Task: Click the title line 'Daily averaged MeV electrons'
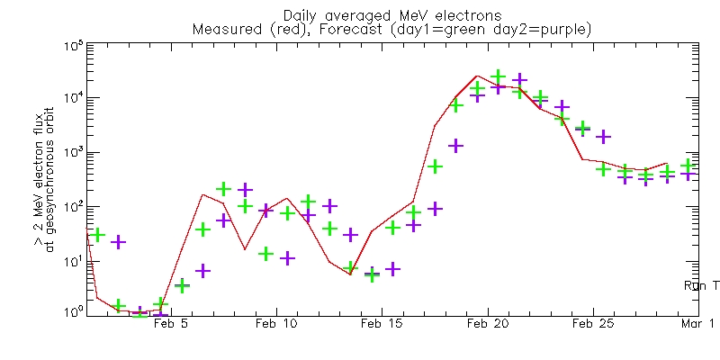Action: tap(392, 15)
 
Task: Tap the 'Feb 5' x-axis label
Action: tap(171, 323)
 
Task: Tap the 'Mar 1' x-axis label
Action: tap(697, 323)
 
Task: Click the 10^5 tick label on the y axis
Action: tap(73, 47)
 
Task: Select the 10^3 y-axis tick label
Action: tap(73, 152)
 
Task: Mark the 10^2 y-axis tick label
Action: tap(73, 206)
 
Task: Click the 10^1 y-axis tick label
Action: tap(73, 260)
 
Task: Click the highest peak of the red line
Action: tap(477, 76)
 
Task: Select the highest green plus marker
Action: tap(499, 77)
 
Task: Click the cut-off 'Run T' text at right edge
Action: tap(702, 285)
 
